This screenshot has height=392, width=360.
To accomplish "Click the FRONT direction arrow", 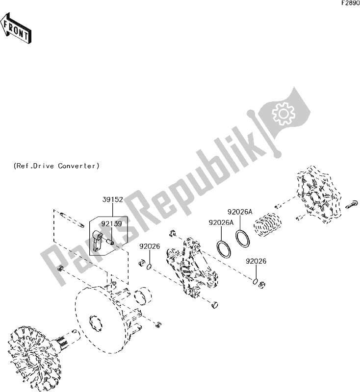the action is (x=16, y=28).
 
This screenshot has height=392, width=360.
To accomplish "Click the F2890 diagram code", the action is (x=351, y=3).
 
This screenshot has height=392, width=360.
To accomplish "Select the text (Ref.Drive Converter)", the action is (x=56, y=166).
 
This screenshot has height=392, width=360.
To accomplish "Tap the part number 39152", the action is (x=113, y=199).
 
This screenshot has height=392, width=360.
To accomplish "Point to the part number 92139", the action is (x=111, y=224).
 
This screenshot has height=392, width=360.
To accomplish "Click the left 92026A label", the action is (x=221, y=222).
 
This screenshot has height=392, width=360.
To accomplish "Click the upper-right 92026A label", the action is (x=240, y=212).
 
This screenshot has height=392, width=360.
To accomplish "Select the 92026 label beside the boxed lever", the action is (x=150, y=246).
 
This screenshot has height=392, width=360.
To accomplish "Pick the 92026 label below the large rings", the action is (x=256, y=261).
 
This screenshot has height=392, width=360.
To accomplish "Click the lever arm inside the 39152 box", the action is (x=97, y=241).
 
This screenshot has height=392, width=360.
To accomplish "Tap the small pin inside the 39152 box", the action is (x=110, y=242).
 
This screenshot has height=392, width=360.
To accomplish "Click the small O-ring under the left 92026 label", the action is (x=149, y=267).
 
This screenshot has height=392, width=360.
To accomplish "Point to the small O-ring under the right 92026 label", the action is (x=255, y=281).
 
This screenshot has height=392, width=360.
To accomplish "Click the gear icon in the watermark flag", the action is (x=283, y=114).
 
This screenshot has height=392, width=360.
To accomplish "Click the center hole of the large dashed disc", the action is (x=96, y=323).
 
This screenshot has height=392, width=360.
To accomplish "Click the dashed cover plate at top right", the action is (x=318, y=195).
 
